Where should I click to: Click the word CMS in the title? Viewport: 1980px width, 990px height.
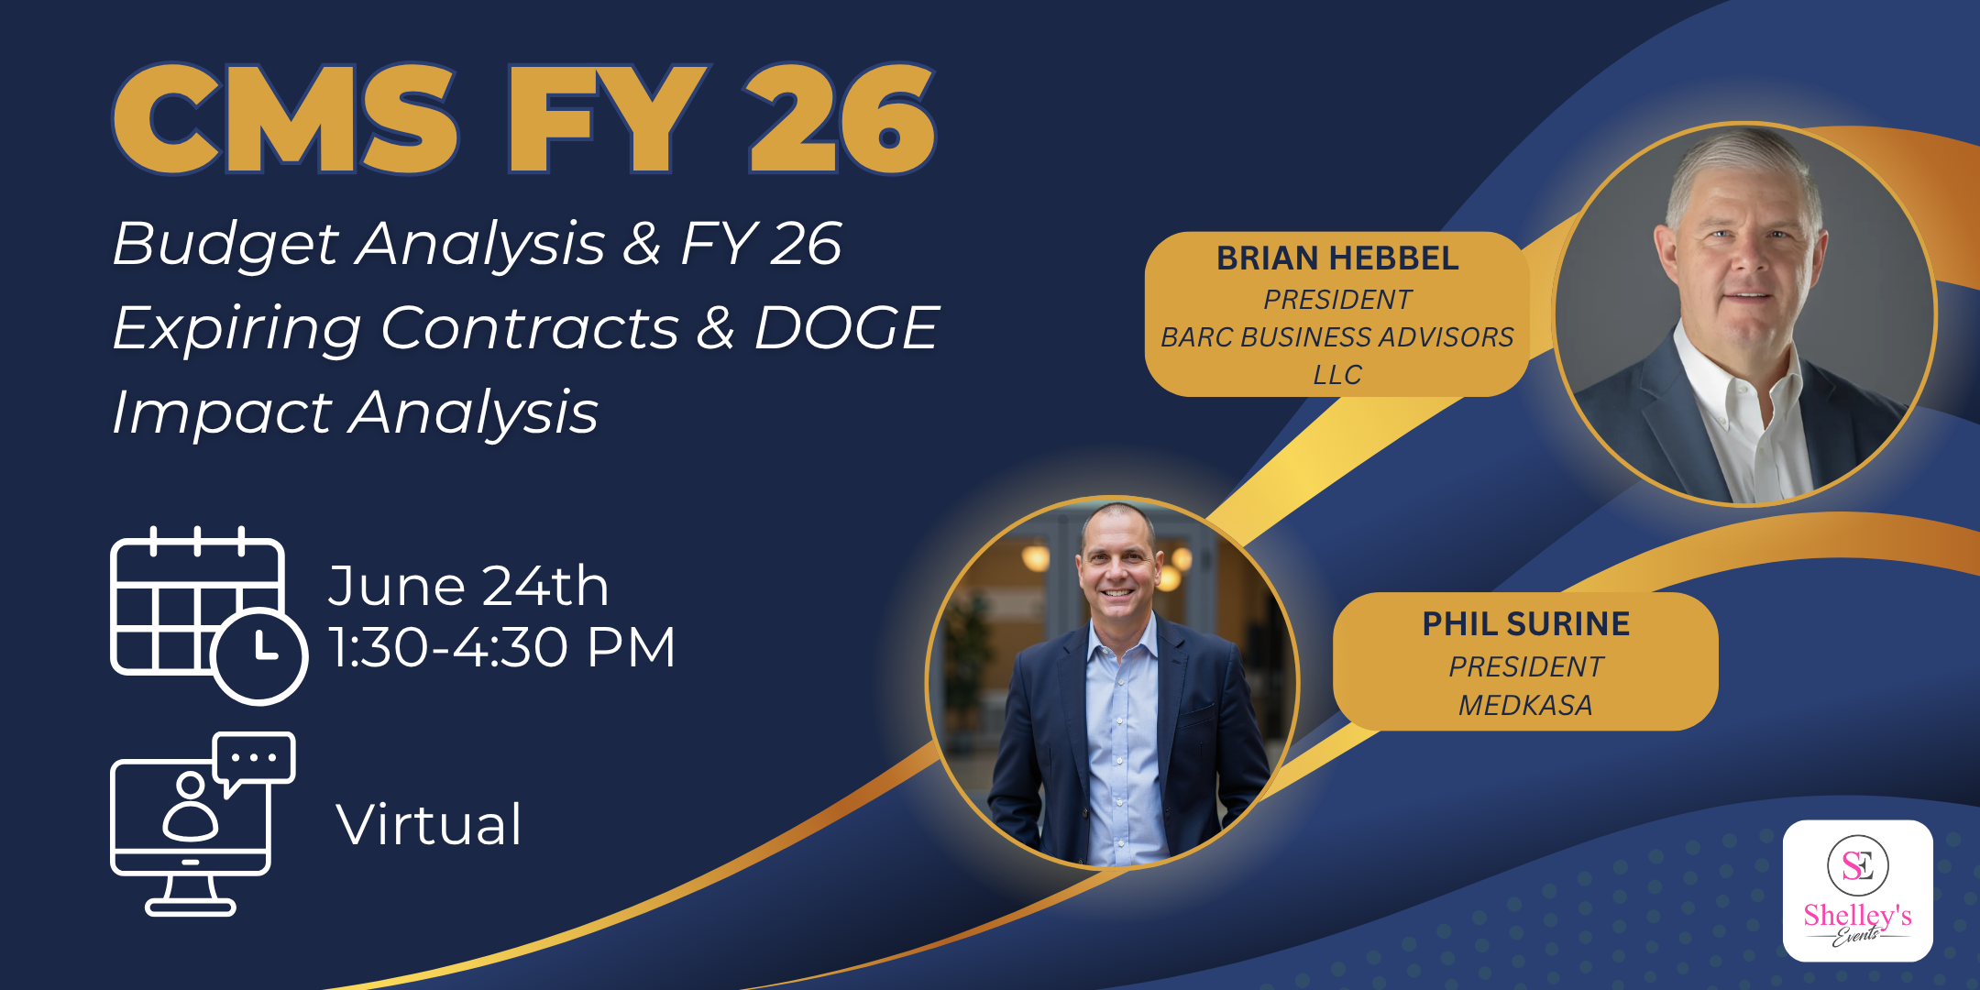point(285,119)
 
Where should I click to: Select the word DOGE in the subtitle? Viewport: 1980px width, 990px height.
point(846,327)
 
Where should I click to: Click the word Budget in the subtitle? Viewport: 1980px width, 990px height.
point(225,246)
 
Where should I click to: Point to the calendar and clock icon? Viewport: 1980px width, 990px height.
point(209,615)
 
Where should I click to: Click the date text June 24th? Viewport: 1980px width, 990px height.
point(468,586)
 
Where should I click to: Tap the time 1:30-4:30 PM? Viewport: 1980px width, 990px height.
point(502,647)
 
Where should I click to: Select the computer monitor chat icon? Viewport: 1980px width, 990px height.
point(203,823)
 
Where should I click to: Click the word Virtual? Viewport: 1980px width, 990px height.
point(429,824)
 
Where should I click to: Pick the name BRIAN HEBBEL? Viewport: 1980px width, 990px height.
point(1337,258)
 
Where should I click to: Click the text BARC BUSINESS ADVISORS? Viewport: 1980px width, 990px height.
point(1337,337)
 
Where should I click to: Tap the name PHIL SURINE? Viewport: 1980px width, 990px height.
point(1525,624)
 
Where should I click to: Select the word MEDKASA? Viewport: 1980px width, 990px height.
point(1525,705)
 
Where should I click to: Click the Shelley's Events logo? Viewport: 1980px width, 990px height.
point(1858,891)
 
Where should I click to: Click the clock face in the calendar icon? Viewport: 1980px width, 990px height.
point(260,656)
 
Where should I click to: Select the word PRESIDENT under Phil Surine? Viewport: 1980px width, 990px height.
point(1525,666)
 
